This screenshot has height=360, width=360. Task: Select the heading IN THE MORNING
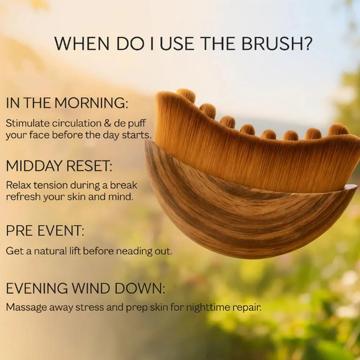[x=67, y=103]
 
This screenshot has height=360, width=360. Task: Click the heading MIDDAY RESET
[x=59, y=166]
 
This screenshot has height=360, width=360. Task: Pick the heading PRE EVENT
[x=45, y=230]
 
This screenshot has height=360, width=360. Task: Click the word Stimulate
[x=28, y=123]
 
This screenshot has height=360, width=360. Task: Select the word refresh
[x=21, y=197]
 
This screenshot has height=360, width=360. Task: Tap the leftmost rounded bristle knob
[x=186, y=95]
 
